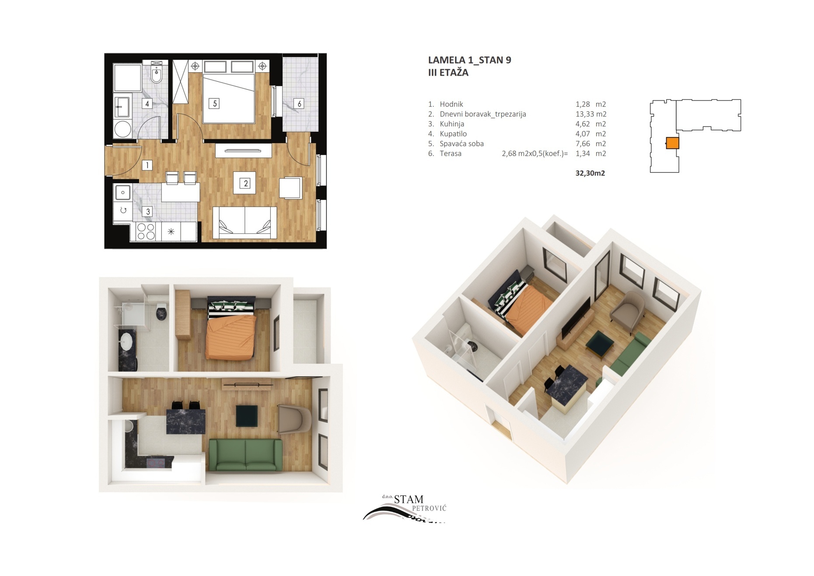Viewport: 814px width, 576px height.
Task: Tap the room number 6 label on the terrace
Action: point(299,104)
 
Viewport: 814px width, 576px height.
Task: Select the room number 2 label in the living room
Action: point(246,183)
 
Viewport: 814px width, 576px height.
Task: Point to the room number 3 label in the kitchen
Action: point(148,211)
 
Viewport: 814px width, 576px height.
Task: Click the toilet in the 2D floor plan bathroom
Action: point(157,73)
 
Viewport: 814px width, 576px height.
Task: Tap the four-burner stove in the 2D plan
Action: point(146,232)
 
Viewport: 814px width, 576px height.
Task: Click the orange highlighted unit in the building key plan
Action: point(672,143)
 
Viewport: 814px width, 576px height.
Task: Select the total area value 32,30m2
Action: point(590,173)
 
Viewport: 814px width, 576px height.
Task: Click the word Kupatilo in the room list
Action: point(453,134)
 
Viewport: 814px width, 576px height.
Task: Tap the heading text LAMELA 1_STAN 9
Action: point(469,60)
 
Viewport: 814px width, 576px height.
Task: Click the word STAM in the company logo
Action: point(409,499)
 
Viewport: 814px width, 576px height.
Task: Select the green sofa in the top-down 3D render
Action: point(245,455)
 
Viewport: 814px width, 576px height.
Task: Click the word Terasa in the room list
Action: point(451,154)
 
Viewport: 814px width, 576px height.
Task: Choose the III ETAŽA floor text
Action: point(448,73)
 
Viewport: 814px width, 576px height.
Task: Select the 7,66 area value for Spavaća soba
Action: point(583,144)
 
